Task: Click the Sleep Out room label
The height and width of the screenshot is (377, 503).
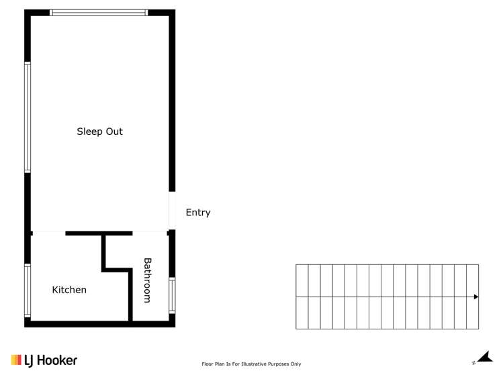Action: tap(99, 132)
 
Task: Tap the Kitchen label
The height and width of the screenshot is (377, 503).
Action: tap(69, 290)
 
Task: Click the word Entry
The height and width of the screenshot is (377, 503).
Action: tap(197, 213)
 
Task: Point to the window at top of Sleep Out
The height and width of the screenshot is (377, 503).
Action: tap(99, 13)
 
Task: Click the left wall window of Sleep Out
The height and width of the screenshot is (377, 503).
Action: tap(28, 117)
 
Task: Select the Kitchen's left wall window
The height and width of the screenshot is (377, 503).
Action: tap(28, 290)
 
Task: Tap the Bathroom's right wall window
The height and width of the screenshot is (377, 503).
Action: tap(172, 295)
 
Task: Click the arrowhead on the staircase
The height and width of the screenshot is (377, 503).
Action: tap(475, 297)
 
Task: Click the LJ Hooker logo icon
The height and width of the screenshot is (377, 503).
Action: tap(16, 360)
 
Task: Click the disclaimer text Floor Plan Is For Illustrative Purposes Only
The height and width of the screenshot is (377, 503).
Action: tap(251, 364)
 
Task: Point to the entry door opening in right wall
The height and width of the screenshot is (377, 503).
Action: tap(172, 211)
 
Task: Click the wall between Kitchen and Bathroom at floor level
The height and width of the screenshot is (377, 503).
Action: tap(130, 302)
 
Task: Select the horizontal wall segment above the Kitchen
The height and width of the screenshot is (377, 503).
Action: tap(99, 233)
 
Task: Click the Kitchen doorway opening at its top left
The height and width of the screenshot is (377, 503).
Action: tap(48, 233)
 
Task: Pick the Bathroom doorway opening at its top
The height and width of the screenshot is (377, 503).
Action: tap(149, 233)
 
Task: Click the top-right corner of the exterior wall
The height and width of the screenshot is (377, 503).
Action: tap(172, 13)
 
